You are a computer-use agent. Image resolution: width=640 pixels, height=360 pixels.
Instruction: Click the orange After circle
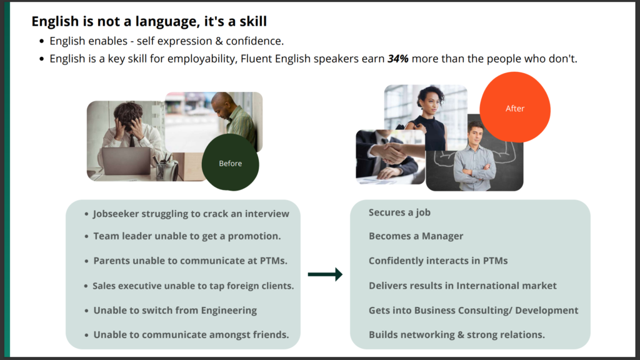(x=515, y=107)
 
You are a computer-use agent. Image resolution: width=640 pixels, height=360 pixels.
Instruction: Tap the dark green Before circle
(x=230, y=162)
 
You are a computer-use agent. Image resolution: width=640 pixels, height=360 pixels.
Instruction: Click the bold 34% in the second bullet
(x=398, y=59)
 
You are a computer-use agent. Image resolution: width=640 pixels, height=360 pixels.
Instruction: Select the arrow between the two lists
(x=325, y=274)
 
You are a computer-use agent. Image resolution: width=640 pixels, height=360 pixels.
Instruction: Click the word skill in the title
(x=253, y=21)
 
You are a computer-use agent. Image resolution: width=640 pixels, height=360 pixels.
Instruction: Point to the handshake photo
(x=390, y=157)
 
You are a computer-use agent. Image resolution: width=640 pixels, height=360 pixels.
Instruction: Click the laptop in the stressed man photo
(x=126, y=161)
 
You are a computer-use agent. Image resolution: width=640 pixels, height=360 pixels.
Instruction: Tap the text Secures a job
(x=399, y=212)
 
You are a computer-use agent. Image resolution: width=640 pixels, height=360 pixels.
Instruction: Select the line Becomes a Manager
(x=416, y=236)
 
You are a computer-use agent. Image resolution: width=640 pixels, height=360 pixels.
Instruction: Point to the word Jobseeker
(x=116, y=214)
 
